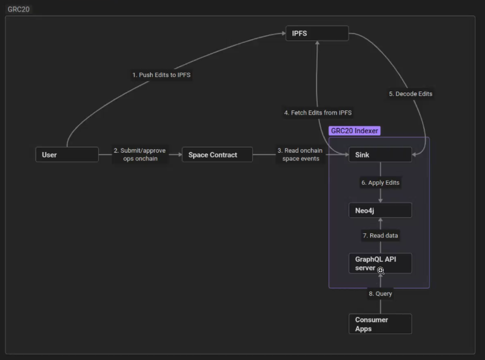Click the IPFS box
(317, 33)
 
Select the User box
(67, 155)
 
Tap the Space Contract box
(217, 155)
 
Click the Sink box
(380, 155)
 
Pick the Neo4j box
(380, 210)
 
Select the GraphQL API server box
(380, 263)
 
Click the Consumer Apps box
(380, 324)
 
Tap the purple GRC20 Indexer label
(355, 131)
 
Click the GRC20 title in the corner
(19, 9)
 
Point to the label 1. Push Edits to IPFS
(161, 75)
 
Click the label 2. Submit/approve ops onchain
(140, 155)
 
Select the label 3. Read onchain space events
(300, 155)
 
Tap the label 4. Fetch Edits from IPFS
(318, 113)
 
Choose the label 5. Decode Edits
(410, 94)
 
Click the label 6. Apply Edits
(381, 183)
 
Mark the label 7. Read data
(381, 236)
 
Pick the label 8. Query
(381, 294)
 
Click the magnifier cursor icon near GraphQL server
(381, 271)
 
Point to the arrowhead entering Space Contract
(180, 155)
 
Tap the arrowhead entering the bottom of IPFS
(317, 43)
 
